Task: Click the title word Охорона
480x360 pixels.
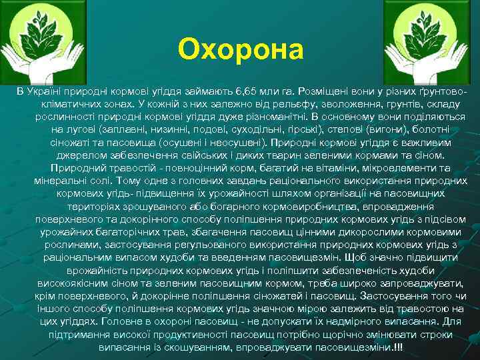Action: (240, 49)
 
